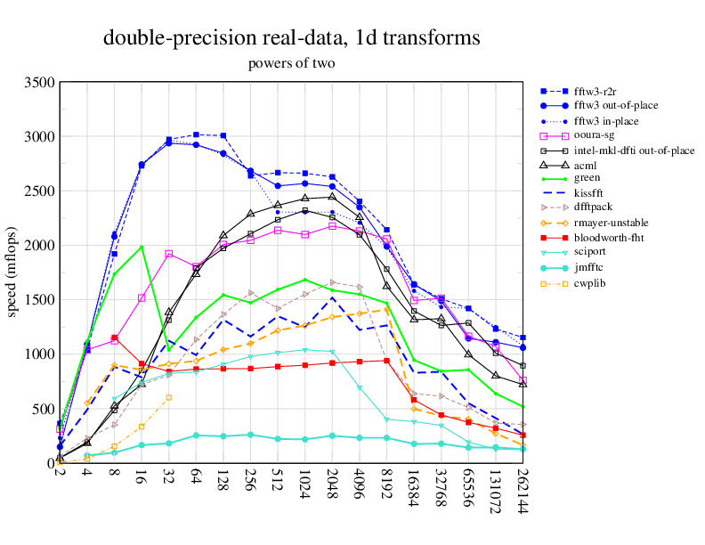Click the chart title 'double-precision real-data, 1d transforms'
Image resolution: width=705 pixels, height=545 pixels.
coord(292,38)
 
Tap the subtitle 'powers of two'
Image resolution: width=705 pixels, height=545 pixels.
coord(292,63)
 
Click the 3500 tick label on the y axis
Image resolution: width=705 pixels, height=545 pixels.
coord(38,83)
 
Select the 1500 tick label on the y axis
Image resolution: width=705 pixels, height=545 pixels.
coord(38,300)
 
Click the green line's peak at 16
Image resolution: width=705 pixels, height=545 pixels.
coord(142,247)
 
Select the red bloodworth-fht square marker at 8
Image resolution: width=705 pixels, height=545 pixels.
coord(114,338)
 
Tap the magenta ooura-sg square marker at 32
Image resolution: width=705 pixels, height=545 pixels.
coord(169,254)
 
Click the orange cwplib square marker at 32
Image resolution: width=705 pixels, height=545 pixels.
coord(169,397)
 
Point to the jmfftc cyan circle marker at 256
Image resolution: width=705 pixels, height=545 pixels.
coord(251,435)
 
